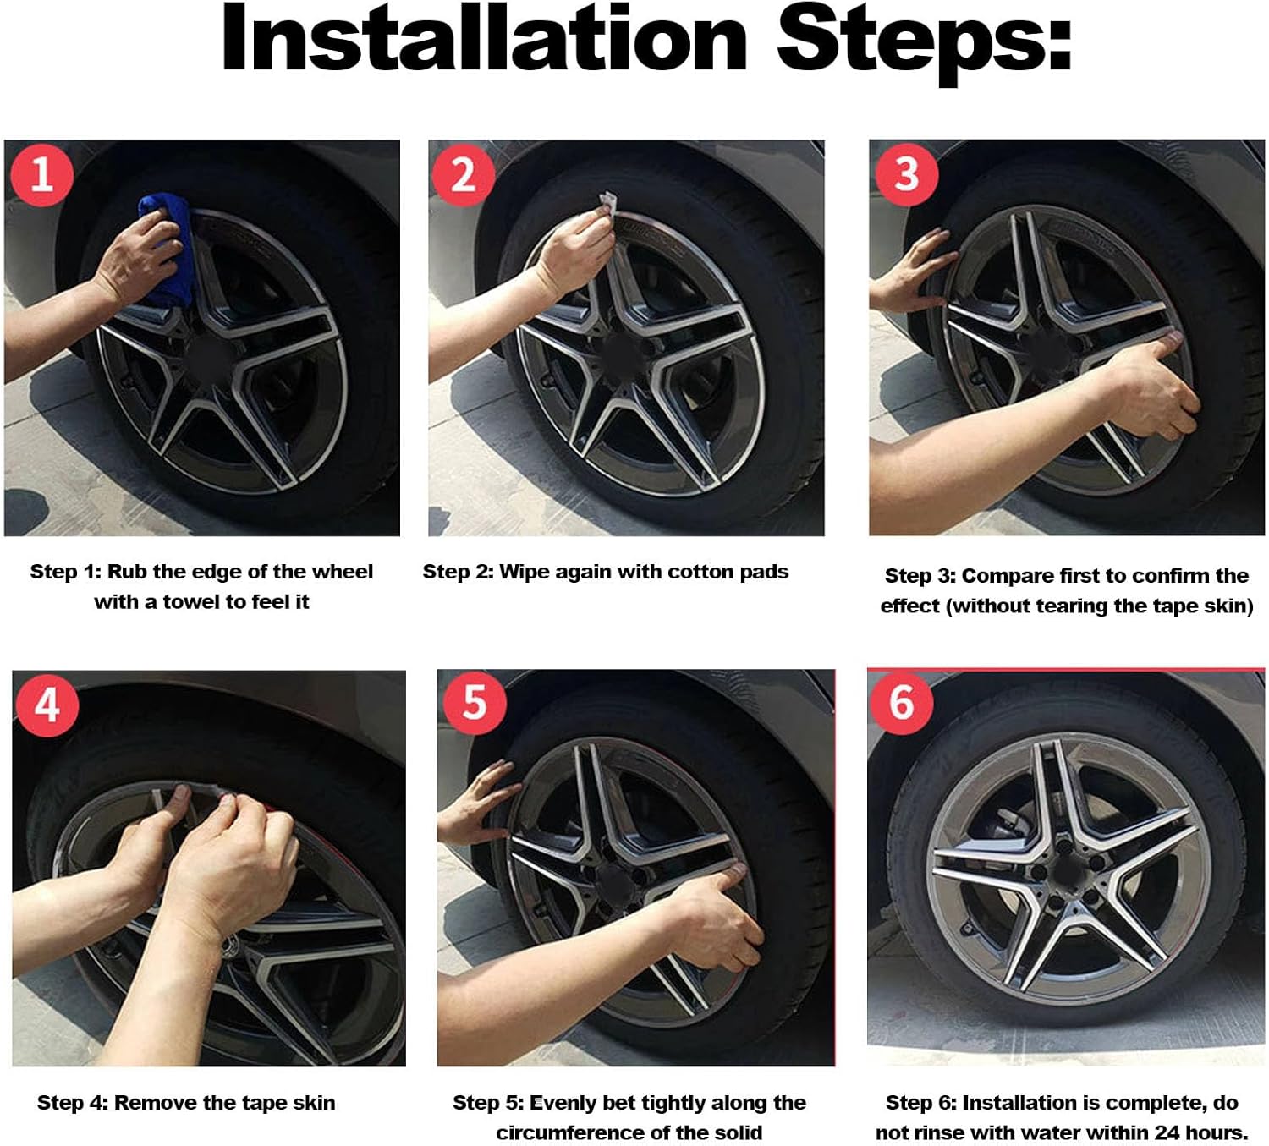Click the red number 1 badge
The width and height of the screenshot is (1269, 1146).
click(x=41, y=174)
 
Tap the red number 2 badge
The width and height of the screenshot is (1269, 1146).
click(x=463, y=174)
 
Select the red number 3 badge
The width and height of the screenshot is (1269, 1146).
click(x=906, y=174)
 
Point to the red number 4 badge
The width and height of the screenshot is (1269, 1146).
click(x=47, y=704)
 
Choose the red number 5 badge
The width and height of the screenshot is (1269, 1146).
click(x=475, y=702)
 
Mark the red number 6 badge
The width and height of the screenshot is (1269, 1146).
click(x=902, y=702)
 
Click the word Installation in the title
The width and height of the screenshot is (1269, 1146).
click(x=483, y=40)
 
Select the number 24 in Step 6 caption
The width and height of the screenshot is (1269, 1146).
click(x=1169, y=1132)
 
